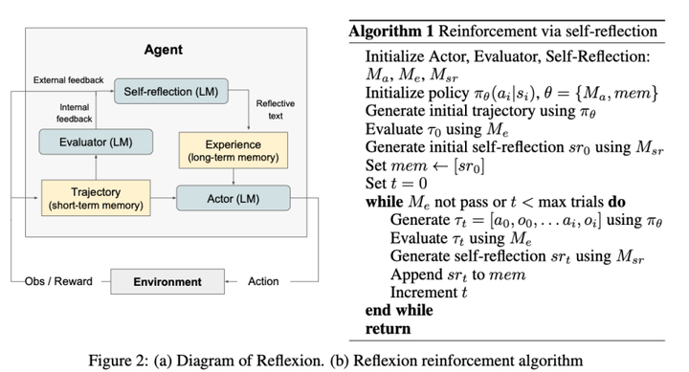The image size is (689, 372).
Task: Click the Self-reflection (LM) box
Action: (x=170, y=95)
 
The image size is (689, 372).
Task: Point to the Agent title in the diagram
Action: (x=163, y=48)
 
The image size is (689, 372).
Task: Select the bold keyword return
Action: (x=389, y=328)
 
